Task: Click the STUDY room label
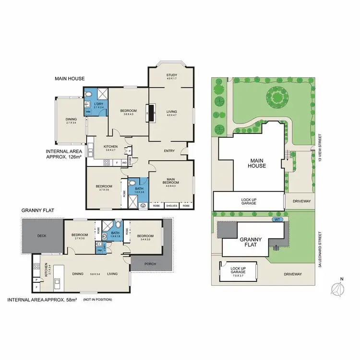click(x=171, y=75)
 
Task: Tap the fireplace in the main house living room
click(x=151, y=113)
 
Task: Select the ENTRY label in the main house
click(x=169, y=151)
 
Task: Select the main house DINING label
click(x=71, y=120)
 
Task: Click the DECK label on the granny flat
click(x=42, y=235)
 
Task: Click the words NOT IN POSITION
click(x=97, y=300)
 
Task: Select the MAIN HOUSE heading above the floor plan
click(x=70, y=79)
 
